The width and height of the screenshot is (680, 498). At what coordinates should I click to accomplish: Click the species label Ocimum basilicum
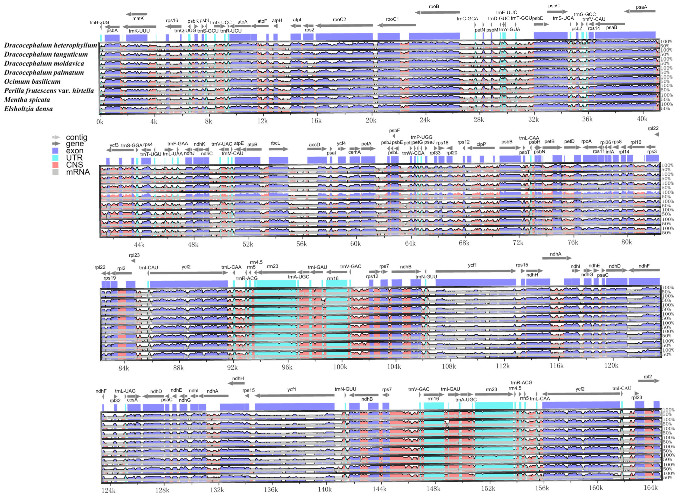pyautogui.click(x=32, y=81)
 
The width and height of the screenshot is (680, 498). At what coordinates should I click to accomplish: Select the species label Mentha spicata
pyautogui.click(x=27, y=99)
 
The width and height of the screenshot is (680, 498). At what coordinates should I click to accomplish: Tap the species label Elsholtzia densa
pyautogui.click(x=28, y=109)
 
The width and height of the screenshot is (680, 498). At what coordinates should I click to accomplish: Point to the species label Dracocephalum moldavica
pyautogui.click(x=44, y=63)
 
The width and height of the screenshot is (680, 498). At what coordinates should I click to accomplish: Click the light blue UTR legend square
pyautogui.click(x=55, y=158)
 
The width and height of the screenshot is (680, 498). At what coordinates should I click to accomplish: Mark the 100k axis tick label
pyautogui.click(x=340, y=367)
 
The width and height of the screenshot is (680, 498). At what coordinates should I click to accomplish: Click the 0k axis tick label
pyautogui.click(x=100, y=122)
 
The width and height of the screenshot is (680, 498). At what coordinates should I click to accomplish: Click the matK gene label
pyautogui.click(x=138, y=18)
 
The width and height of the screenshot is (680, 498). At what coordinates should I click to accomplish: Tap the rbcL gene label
pyautogui.click(x=275, y=143)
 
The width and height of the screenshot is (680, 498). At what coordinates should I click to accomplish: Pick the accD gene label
pyautogui.click(x=314, y=145)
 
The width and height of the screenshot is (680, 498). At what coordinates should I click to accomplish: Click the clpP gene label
pyautogui.click(x=481, y=144)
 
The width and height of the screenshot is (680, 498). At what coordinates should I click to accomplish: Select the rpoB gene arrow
pyautogui.click(x=437, y=12)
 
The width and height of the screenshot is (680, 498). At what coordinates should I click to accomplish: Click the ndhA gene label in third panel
pyautogui.click(x=555, y=254)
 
